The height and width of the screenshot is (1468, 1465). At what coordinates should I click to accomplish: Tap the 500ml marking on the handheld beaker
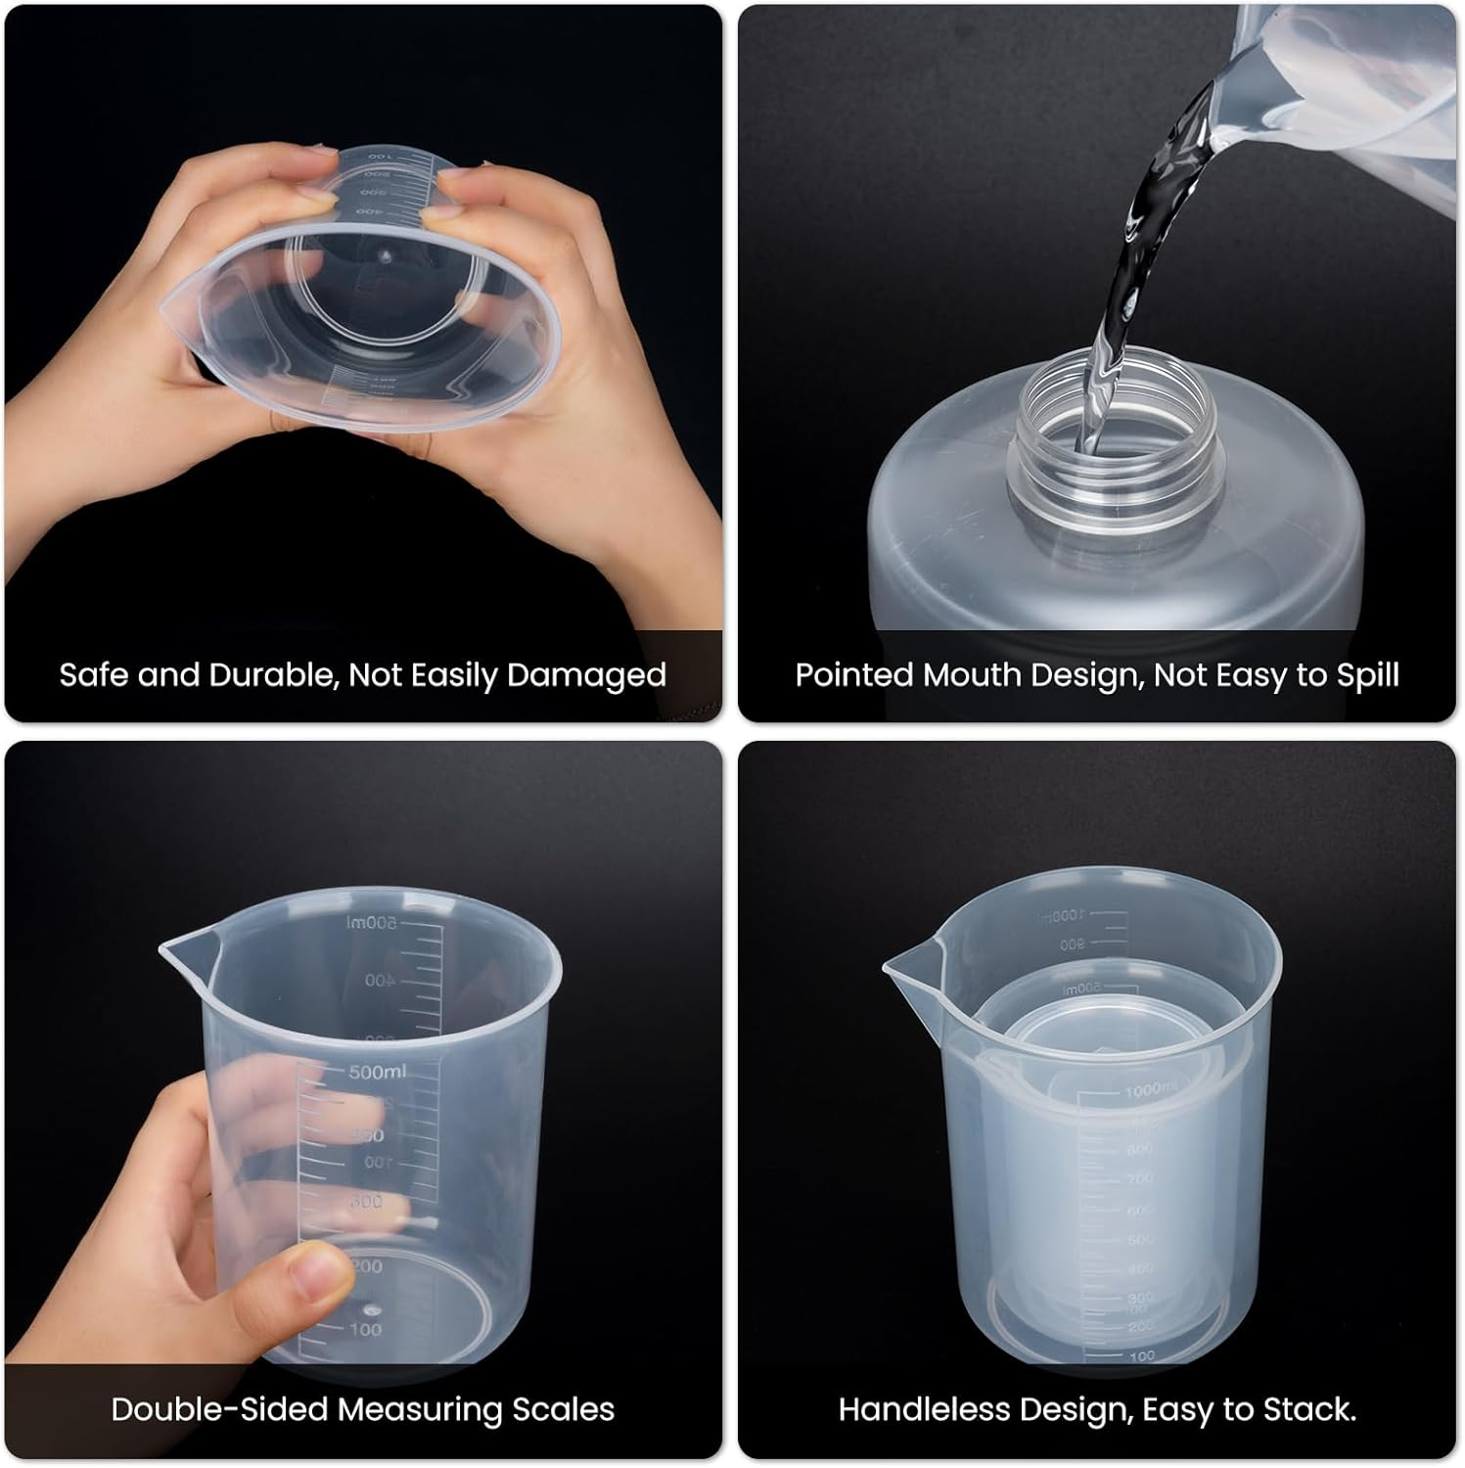[378, 1072]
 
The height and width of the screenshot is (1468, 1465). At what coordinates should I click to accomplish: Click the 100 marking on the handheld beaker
[364, 1329]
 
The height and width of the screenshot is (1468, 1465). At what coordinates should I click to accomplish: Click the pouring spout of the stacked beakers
[905, 967]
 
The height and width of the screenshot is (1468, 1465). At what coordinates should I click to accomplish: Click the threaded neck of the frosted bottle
[1116, 431]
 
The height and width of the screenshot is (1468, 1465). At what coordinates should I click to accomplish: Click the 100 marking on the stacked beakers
[1141, 1355]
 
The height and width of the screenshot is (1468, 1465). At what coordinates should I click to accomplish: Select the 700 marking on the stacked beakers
[1139, 1179]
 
